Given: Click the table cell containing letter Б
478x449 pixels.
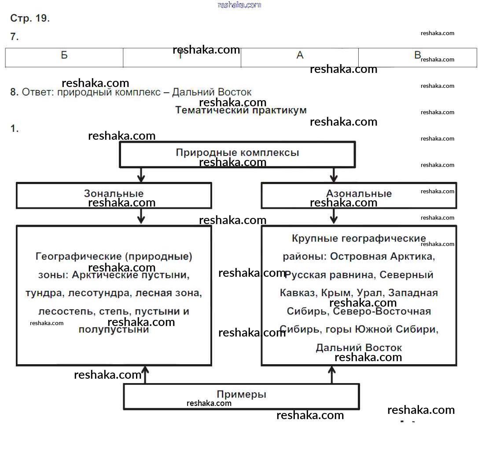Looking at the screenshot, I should [x=64, y=57].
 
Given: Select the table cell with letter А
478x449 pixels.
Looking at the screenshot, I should [x=300, y=57].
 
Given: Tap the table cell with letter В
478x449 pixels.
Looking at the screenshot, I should [x=417, y=57].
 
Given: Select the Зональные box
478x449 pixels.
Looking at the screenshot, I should [x=114, y=195].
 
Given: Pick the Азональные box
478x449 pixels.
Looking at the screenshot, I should [x=359, y=195].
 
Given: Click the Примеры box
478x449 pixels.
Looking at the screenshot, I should [x=241, y=396].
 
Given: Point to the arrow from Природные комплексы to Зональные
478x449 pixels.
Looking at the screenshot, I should [x=141, y=174].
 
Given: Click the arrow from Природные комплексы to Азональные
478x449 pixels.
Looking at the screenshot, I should [x=334, y=174].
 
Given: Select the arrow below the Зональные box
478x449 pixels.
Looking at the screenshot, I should [x=141, y=216].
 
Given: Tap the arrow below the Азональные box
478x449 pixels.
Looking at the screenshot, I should [x=334, y=216].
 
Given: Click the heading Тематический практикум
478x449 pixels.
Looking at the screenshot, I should [x=241, y=110].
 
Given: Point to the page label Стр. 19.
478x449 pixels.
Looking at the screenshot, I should [x=30, y=18].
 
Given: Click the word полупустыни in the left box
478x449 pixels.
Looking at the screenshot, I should [x=114, y=330].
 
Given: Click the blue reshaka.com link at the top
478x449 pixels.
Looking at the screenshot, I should [x=239, y=5].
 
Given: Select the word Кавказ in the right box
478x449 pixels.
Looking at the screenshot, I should [x=297, y=293].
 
